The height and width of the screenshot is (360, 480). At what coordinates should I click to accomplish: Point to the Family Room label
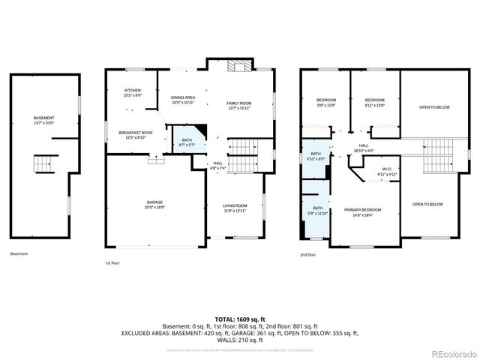pyautogui.click(x=239, y=104)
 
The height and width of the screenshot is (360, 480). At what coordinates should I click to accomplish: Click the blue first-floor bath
pyautogui.click(x=185, y=141)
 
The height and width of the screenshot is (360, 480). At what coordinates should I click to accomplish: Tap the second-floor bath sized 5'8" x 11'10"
pyautogui.click(x=317, y=211)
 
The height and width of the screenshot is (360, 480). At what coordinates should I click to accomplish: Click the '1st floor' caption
pyautogui.click(x=113, y=263)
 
